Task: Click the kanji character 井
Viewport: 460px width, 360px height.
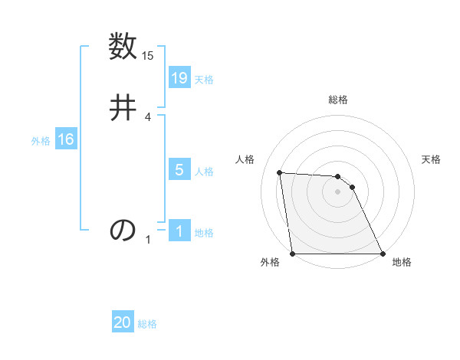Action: coord(123,106)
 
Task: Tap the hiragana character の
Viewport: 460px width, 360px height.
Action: coord(123,230)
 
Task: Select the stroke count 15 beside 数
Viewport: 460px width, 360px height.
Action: coord(148,56)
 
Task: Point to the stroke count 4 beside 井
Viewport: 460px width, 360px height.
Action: coord(148,116)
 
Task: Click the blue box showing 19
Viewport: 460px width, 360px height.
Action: coord(179,77)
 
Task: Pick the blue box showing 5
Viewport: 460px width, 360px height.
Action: coord(179,169)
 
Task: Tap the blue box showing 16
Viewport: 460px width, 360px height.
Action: coord(66,139)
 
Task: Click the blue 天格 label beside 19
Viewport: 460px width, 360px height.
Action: coord(204,79)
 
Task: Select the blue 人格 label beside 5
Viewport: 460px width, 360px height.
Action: coord(204,171)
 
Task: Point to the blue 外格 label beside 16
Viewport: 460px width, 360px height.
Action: coord(41,141)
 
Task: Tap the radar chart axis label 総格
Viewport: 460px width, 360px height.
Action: coord(338,100)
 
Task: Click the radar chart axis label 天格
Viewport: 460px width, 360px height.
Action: coord(431,159)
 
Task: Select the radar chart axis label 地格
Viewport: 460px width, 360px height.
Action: coord(402,263)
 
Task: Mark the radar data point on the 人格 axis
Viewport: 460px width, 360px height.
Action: coord(280,172)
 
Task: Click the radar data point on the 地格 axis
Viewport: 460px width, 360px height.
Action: coord(382,253)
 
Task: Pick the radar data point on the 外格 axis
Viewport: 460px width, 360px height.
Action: coord(293,253)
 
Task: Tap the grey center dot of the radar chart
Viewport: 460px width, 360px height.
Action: coord(337,191)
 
